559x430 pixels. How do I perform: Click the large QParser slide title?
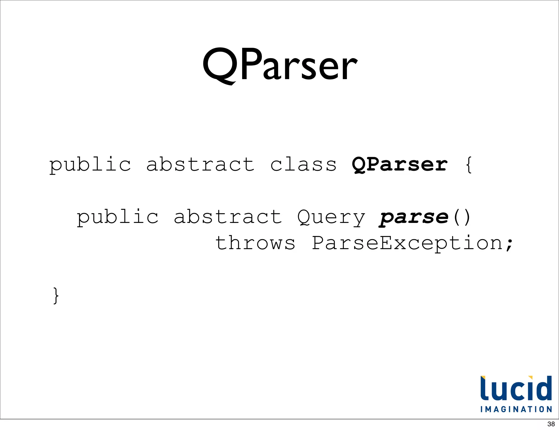coord(280,65)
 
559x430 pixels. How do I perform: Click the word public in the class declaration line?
coord(90,165)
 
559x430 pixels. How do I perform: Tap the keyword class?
coord(303,165)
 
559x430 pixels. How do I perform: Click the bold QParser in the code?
coord(400,165)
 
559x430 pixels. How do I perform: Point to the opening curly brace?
coord(469,165)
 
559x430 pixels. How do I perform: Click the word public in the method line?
coord(117,217)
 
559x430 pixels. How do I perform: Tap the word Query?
coord(331,218)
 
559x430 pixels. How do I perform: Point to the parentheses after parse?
coord(462,217)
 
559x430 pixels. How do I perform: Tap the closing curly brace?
coord(56,295)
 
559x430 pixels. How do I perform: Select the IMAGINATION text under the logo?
coord(516,409)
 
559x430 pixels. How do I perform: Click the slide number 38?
coord(551,424)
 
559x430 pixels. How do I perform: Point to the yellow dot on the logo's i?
coord(530,378)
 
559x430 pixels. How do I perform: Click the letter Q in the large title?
coord(220,66)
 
